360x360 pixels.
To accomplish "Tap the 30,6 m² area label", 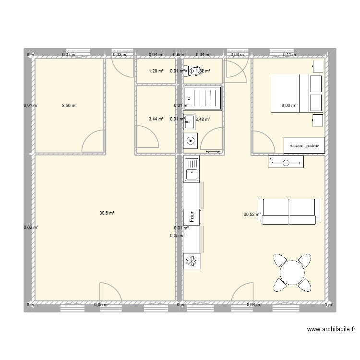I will pyautogui.click(x=107, y=213).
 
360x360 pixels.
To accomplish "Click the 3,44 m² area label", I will pyautogui.click(x=156, y=119).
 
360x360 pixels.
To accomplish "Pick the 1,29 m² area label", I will pyautogui.click(x=156, y=71).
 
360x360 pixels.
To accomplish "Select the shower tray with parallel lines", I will pyautogui.click(x=204, y=98).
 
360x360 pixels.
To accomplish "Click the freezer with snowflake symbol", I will pyautogui.click(x=191, y=261).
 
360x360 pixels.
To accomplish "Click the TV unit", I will pyautogui.click(x=286, y=162).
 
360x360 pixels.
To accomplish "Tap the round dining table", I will pyautogui.click(x=292, y=273).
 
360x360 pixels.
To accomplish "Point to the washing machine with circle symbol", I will pyautogui.click(x=191, y=141).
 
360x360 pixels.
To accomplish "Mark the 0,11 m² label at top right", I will pyautogui.click(x=290, y=55).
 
